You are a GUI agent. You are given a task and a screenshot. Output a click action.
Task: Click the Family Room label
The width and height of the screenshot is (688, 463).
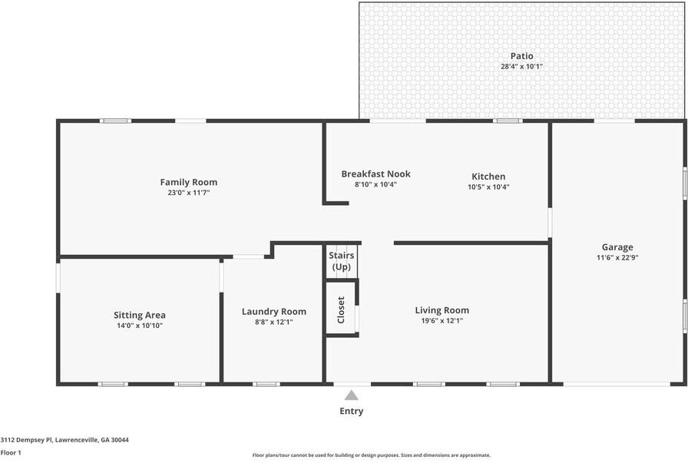[188, 182]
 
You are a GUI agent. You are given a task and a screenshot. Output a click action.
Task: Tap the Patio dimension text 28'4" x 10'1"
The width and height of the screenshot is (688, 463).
[521, 67]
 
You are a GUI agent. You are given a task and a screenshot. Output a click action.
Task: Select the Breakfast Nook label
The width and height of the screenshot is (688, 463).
[375, 174]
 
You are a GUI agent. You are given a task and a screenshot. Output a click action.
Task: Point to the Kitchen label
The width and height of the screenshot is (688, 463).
[488, 177]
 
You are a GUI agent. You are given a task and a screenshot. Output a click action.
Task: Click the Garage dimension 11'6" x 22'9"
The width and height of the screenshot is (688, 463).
[617, 258]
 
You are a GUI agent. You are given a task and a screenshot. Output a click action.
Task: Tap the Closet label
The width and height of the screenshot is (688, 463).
[341, 309]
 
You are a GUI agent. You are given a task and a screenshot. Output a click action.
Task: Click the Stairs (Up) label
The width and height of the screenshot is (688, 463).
[341, 260]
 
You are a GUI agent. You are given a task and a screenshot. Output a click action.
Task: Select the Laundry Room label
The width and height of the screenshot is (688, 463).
[273, 311]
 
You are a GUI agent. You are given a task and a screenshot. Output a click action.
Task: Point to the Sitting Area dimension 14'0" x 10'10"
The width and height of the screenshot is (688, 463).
[139, 326]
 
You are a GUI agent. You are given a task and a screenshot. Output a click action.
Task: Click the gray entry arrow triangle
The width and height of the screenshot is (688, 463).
[351, 395]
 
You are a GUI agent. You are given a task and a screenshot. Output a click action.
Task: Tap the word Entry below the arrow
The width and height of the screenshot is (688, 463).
[351, 412]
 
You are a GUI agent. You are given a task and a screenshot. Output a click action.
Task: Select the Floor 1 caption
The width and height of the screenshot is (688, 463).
[11, 453]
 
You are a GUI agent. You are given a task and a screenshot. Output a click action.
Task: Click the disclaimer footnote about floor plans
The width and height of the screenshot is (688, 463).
[371, 455]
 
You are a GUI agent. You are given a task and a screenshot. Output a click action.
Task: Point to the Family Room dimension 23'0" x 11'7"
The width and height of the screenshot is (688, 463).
[188, 193]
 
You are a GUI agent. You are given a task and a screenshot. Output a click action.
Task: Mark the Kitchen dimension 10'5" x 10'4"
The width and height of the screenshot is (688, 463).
[488, 187]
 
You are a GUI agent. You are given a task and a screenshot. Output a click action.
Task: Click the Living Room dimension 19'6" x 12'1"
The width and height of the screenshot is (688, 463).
[442, 321]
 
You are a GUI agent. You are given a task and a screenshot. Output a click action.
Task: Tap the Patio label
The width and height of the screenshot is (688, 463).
[521, 56]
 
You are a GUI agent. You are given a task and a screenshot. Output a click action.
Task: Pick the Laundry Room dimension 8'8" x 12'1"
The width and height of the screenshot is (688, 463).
[273, 322]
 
